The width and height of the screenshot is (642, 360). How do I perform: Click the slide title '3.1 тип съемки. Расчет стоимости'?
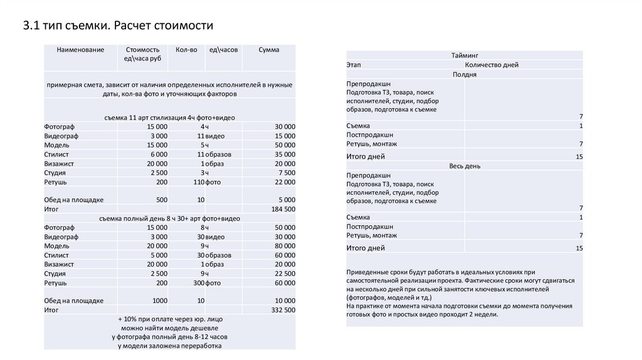(x=118, y=26)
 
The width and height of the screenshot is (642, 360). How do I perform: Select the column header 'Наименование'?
(x=80, y=50)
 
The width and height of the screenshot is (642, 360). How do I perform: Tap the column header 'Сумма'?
(x=269, y=50)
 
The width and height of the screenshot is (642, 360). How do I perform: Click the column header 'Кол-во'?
(x=186, y=50)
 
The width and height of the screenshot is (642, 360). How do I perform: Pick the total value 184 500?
(x=283, y=209)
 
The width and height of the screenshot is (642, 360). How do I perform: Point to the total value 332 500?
(x=283, y=310)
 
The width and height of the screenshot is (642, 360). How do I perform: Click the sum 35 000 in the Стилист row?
(x=285, y=154)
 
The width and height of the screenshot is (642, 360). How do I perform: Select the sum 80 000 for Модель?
(x=285, y=246)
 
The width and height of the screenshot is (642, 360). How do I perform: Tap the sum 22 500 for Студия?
(x=285, y=273)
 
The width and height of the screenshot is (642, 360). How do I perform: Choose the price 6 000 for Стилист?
(x=159, y=154)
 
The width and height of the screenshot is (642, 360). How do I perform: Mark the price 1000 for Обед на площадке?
(x=160, y=300)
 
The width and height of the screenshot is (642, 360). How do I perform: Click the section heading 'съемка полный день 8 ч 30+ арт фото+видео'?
(x=169, y=218)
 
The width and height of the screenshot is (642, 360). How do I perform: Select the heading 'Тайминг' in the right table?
(x=464, y=56)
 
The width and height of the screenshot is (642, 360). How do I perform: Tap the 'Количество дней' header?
(x=492, y=65)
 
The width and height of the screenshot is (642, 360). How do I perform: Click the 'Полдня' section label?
(x=464, y=74)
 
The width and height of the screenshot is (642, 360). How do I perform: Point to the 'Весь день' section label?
(x=464, y=166)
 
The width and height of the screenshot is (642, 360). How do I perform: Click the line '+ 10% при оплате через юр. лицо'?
(x=169, y=319)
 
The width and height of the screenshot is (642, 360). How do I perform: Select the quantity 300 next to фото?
(x=199, y=283)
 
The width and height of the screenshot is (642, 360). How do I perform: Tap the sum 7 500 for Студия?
(x=287, y=172)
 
